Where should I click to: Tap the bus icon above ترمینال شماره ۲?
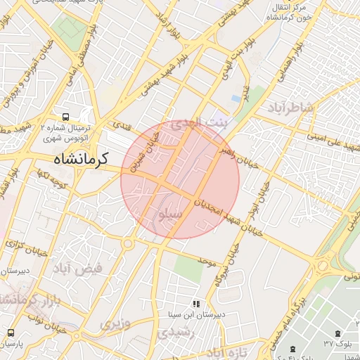tap(65, 117)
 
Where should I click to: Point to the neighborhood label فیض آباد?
tap(78, 268)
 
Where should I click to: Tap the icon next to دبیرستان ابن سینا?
tap(196, 304)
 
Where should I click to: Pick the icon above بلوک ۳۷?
tap(339, 333)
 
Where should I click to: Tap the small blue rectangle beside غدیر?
tap(236, 98)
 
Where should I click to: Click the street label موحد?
tap(206, 262)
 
